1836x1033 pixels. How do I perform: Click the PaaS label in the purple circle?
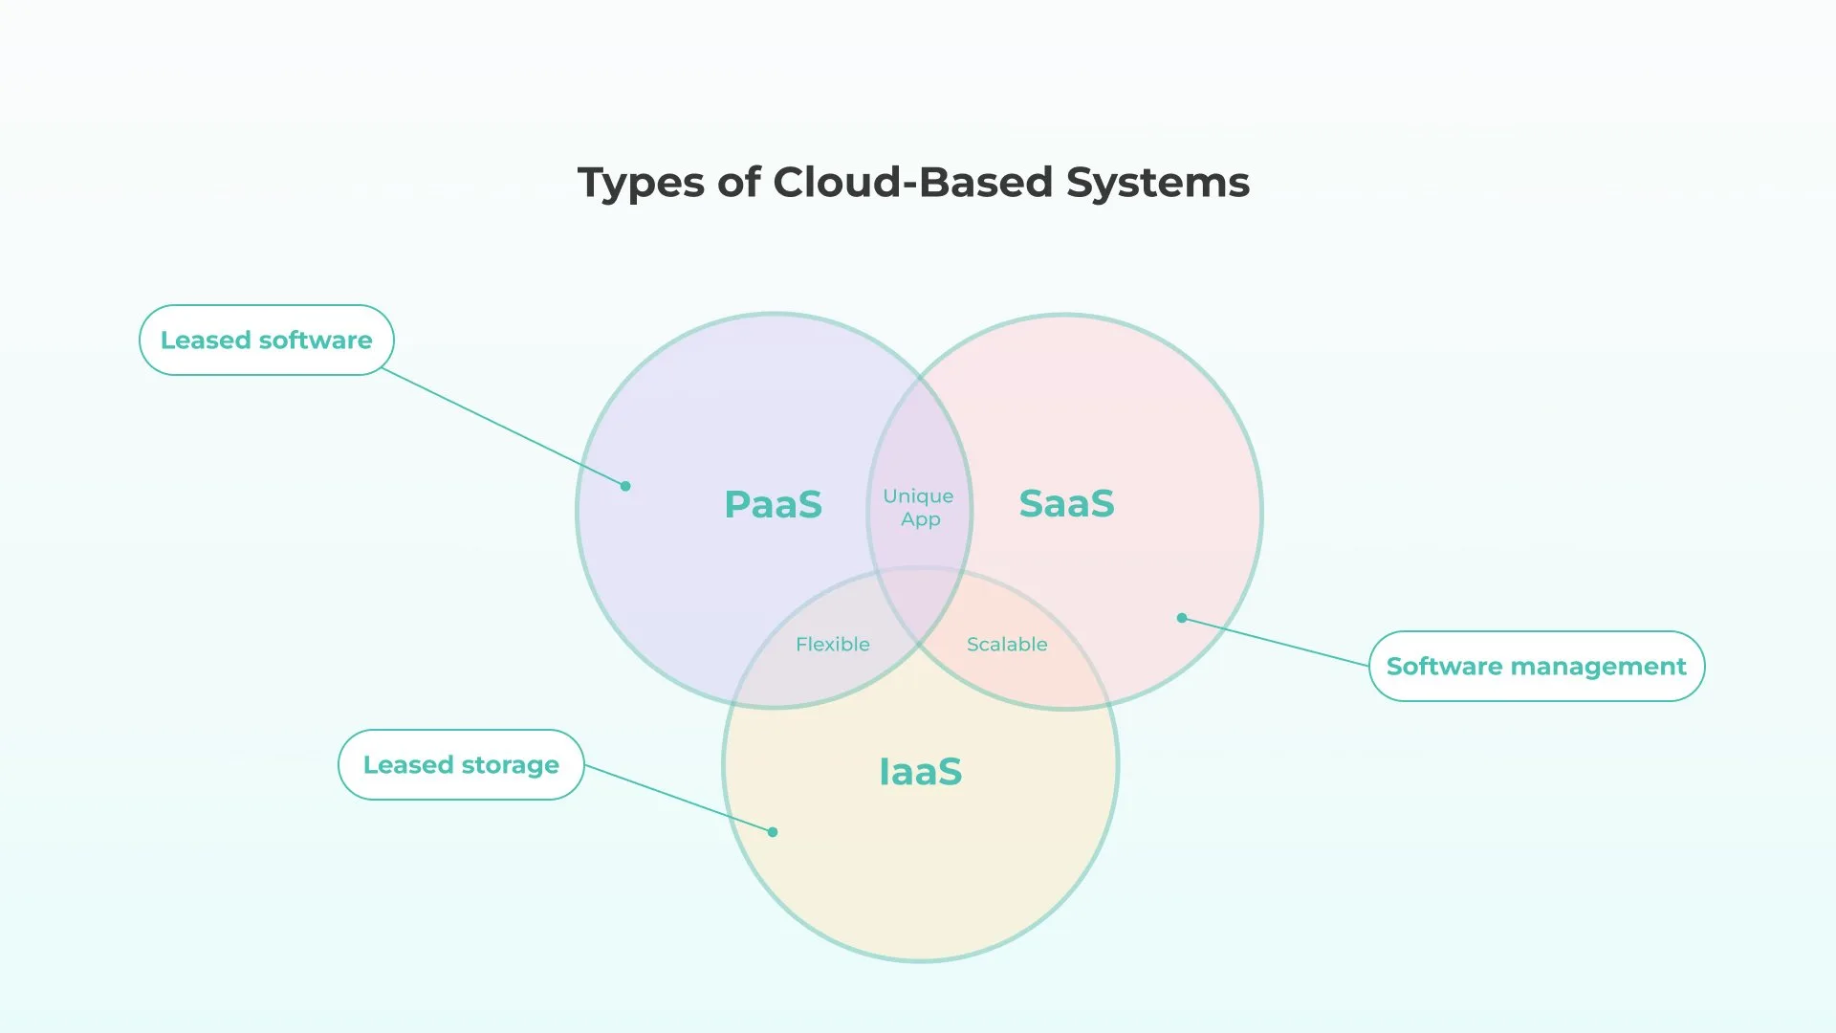click(x=773, y=504)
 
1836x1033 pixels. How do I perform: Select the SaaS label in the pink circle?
click(x=1066, y=503)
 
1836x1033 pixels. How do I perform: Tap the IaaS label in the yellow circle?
click(x=920, y=772)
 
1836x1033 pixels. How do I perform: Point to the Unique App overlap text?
click(x=918, y=507)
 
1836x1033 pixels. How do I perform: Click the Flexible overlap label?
click(x=832, y=644)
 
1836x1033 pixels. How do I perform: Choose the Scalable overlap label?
click(x=1007, y=644)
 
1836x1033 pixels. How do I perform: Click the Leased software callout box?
click(x=266, y=340)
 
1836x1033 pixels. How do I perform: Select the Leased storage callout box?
click(x=461, y=764)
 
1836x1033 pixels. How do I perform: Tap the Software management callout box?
click(x=1536, y=666)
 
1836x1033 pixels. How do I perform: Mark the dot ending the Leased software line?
click(x=625, y=486)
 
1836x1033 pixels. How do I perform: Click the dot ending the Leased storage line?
click(x=773, y=832)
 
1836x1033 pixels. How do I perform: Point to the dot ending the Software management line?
click(x=1182, y=618)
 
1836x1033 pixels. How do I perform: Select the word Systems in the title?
click(x=1157, y=182)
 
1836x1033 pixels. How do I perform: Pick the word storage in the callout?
click(x=510, y=765)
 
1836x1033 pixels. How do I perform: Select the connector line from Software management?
click(x=1276, y=642)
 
